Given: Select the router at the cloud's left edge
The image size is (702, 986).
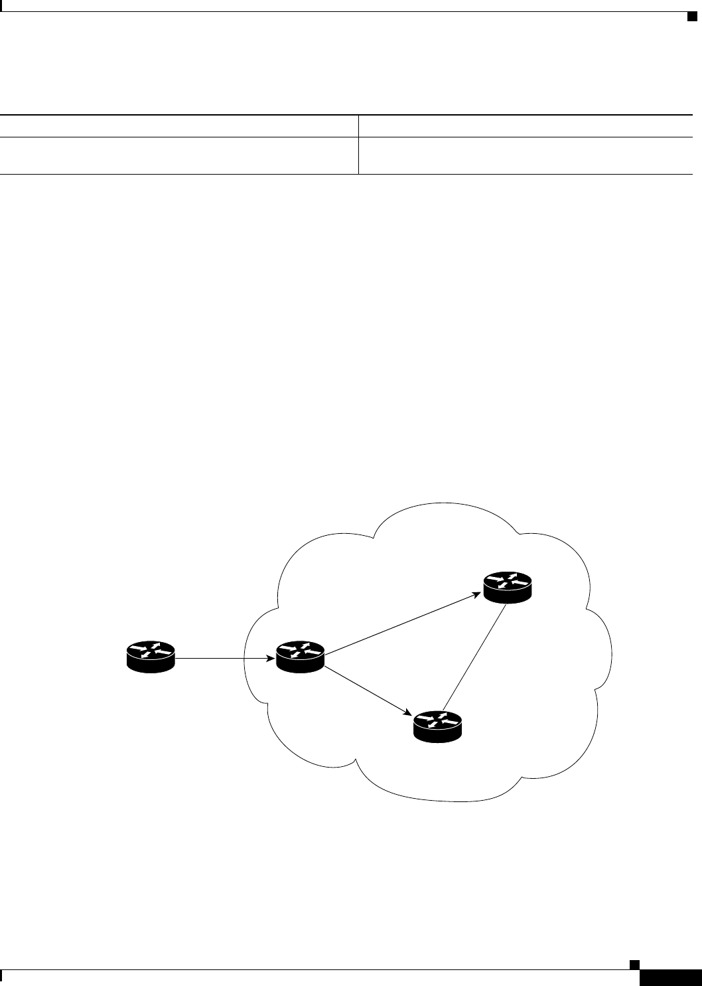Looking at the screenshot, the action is (300, 657).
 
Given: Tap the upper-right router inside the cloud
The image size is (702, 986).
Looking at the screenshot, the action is (508, 588).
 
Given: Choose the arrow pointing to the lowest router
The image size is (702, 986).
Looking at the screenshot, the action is (365, 690).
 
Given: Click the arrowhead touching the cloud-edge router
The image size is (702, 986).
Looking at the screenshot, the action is (272, 659).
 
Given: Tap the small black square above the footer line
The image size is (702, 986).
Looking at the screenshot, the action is (634, 963).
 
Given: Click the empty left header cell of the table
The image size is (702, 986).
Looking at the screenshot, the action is (179, 126).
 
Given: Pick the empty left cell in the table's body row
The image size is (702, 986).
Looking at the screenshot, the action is (179, 155).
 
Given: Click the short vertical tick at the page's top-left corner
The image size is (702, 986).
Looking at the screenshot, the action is (2, 7).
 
